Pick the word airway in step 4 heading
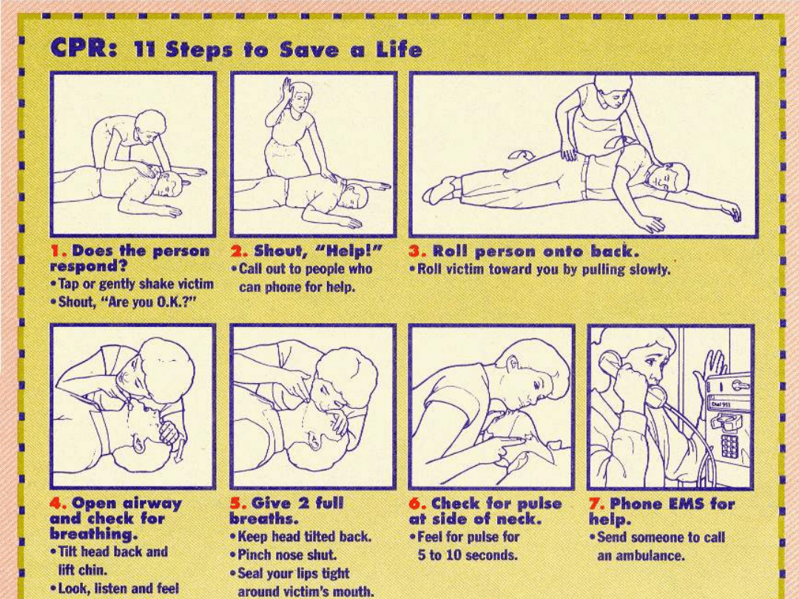153,504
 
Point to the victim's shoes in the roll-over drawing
439,189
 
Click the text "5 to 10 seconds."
467,555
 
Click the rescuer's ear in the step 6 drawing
512,363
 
